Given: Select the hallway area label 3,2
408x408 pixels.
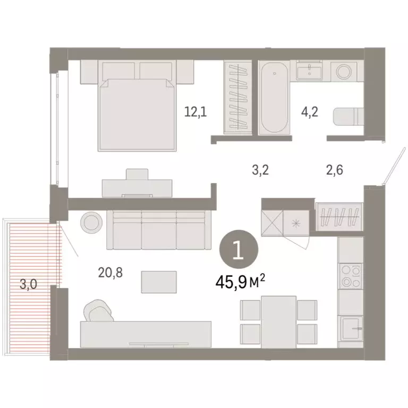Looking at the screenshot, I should [260, 171].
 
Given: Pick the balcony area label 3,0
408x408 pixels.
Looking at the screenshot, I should [28, 284].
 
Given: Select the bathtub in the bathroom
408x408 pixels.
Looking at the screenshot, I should [275, 98].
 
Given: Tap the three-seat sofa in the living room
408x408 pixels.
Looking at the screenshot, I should [156, 230].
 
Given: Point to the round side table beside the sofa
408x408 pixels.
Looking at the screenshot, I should [91, 222].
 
